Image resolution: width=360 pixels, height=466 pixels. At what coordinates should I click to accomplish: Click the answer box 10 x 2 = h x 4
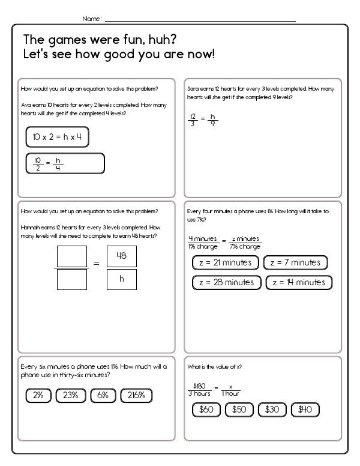58,137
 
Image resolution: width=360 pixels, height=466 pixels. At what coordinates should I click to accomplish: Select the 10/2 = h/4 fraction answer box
65,163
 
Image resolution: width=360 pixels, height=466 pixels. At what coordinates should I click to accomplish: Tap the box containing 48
122,256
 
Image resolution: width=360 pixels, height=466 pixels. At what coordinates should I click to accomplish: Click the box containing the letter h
122,279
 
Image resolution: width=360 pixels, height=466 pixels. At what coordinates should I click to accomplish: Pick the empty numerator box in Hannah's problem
71,256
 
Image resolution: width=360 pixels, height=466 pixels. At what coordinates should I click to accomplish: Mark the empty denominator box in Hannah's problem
71,279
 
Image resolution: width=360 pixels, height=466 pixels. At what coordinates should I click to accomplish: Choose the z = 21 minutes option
226,262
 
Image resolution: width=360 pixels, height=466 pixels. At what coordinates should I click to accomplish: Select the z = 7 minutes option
297,262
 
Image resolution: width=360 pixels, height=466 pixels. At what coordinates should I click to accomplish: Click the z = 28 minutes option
226,282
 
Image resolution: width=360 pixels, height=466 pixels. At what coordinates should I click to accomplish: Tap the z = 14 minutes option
299,282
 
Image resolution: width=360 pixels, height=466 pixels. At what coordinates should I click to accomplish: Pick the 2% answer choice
38,395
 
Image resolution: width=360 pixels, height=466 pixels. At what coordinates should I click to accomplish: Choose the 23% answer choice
71,395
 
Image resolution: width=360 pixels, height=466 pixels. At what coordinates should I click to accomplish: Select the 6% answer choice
103,395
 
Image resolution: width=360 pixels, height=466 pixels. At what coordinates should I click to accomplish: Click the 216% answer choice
136,395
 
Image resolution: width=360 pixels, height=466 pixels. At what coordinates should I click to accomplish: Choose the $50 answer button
239,410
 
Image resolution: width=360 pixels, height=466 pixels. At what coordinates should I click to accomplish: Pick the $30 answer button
272,410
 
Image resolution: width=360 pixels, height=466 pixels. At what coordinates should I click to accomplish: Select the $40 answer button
305,410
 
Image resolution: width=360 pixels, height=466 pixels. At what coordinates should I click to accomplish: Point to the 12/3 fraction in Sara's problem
193,120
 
